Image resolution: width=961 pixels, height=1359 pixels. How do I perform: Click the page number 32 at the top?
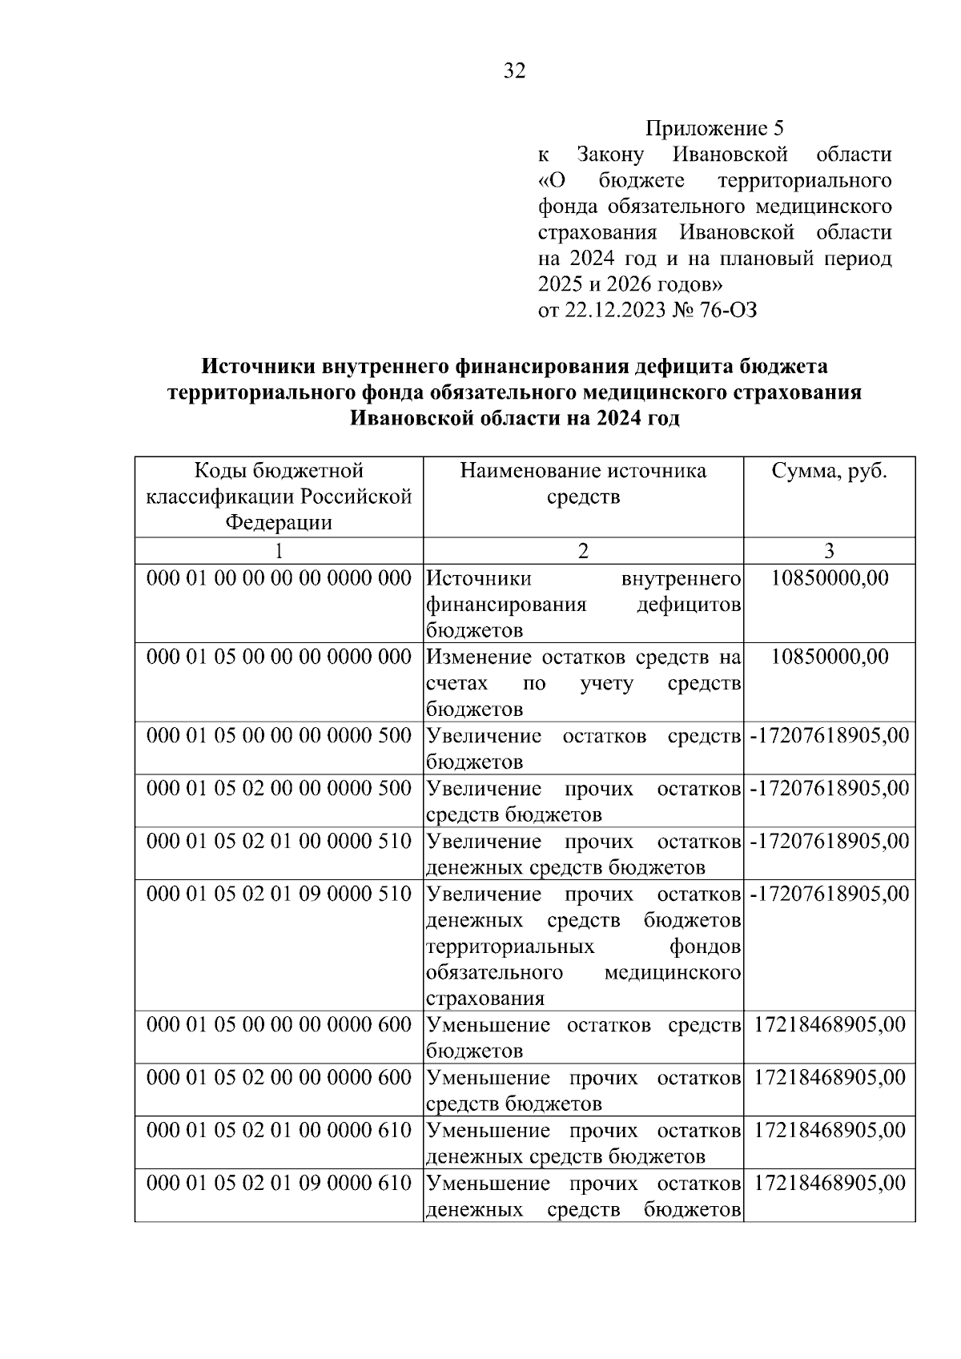(514, 72)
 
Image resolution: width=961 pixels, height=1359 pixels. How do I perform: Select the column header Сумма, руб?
(829, 471)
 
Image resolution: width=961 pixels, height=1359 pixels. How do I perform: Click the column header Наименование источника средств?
(583, 484)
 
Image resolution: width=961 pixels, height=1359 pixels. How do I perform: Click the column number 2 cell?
(583, 550)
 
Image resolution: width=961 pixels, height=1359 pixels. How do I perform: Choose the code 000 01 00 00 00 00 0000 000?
(279, 578)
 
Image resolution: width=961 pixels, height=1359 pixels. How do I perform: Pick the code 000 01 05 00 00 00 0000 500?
(279, 736)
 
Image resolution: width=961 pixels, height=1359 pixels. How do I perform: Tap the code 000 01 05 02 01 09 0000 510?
(279, 894)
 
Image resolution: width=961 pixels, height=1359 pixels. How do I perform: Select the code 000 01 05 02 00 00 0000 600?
(279, 1078)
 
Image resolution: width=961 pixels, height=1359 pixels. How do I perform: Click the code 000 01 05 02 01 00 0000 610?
(279, 1131)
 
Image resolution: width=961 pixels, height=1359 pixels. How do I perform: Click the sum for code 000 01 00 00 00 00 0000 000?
(830, 578)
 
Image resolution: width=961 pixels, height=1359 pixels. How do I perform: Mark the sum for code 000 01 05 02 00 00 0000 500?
(830, 789)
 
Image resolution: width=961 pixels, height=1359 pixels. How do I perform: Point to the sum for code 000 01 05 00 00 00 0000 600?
(830, 1025)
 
